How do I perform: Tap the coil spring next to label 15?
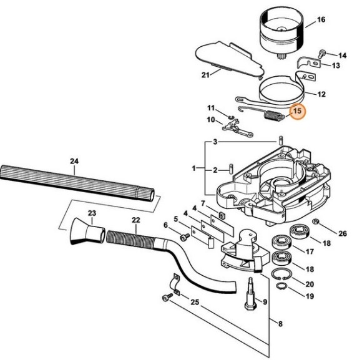272,115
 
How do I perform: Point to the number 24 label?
74,162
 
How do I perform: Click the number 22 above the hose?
135,220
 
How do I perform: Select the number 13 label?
335,66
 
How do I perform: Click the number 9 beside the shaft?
265,302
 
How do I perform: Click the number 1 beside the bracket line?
194,168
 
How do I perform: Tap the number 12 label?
321,95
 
